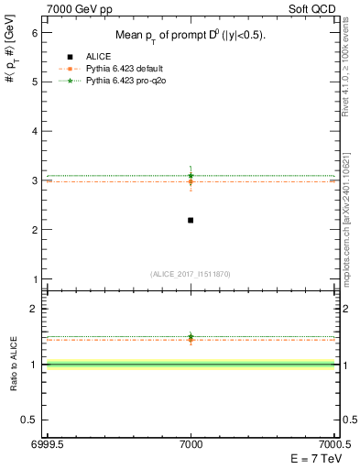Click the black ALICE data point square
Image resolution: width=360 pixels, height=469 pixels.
tap(191, 220)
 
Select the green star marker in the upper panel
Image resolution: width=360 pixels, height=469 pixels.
tap(191, 175)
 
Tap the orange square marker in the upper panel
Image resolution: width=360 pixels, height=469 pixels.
tap(191, 181)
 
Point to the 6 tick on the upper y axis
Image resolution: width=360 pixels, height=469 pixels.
tap(36, 32)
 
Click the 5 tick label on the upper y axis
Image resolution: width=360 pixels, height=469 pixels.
tap(36, 82)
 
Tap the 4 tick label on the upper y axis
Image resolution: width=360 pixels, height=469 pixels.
tap(36, 131)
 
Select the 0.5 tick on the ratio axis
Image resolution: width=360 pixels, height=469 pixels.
tap(32, 420)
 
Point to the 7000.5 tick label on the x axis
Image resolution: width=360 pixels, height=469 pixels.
tap(335, 443)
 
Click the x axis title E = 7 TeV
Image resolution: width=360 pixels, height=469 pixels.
tap(312, 459)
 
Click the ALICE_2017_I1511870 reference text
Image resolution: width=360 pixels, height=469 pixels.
tap(191, 274)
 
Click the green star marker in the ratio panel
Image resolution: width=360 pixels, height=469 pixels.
tap(191, 336)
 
